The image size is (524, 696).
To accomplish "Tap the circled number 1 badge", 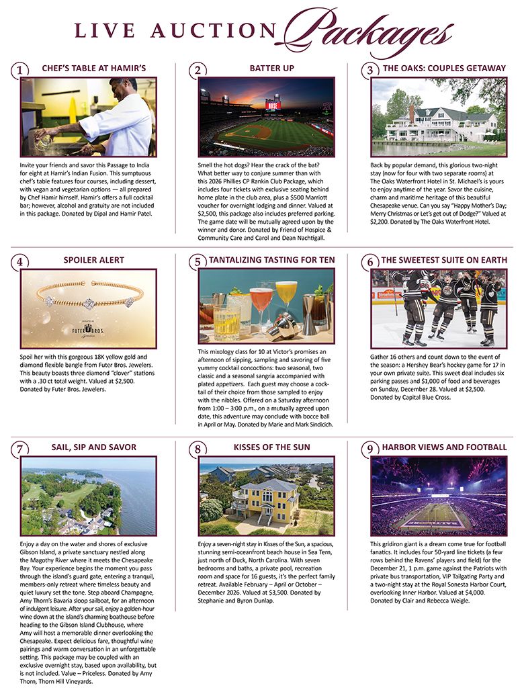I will click(21, 71).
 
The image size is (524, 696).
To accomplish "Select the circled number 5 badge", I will click(196, 262).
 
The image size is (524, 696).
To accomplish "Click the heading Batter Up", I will click(271, 69).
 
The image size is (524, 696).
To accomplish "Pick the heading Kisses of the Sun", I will click(265, 447).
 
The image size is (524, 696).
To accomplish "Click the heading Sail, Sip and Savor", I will click(93, 447).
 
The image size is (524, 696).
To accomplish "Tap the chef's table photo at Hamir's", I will click(89, 117).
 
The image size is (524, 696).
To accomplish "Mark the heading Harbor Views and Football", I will click(444, 447).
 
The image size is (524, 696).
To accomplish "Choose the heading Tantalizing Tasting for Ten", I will click(272, 260).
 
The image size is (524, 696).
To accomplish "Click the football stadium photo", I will click(439, 496).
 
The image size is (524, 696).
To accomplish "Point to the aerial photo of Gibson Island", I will click(89, 496).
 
